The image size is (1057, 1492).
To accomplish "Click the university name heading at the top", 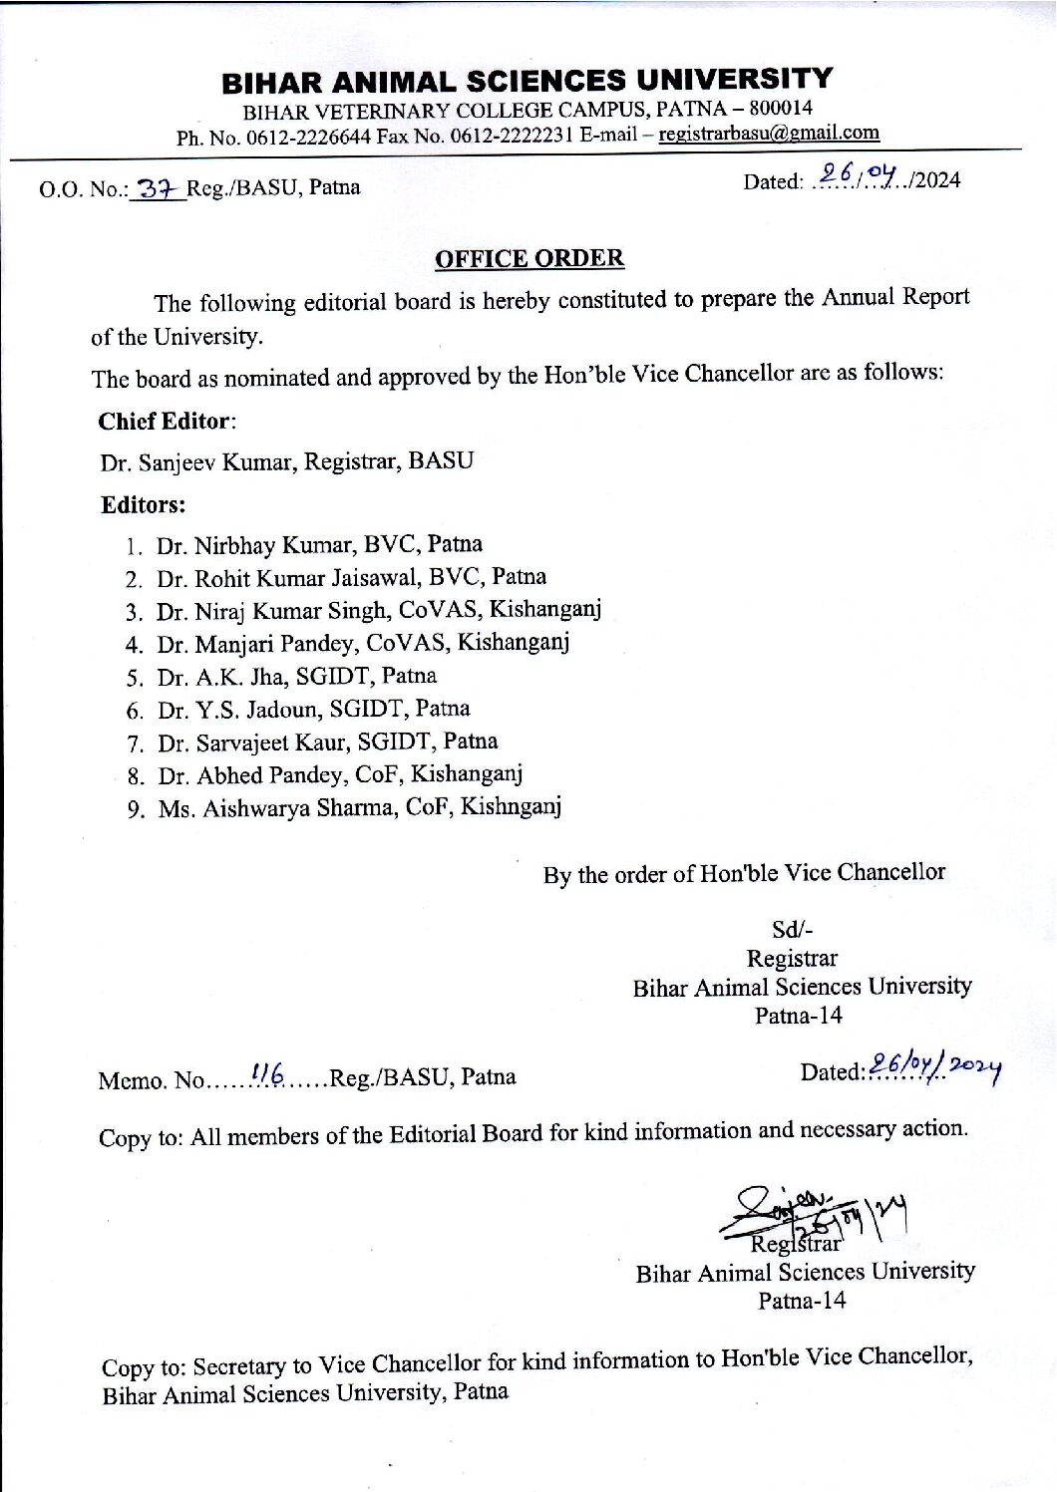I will [x=527, y=80].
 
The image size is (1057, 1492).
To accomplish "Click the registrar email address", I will [x=769, y=133].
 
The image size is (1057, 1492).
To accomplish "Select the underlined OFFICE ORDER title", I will [x=529, y=259].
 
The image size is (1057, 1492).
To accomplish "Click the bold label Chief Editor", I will [x=165, y=422].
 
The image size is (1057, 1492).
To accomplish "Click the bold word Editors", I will [x=143, y=505].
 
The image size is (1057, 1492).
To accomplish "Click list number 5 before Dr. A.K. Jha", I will [x=135, y=679].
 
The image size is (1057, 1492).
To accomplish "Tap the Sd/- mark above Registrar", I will [x=792, y=930].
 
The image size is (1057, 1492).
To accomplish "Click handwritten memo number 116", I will [x=268, y=1073].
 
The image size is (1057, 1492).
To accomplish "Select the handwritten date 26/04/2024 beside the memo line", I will [x=934, y=1066].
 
